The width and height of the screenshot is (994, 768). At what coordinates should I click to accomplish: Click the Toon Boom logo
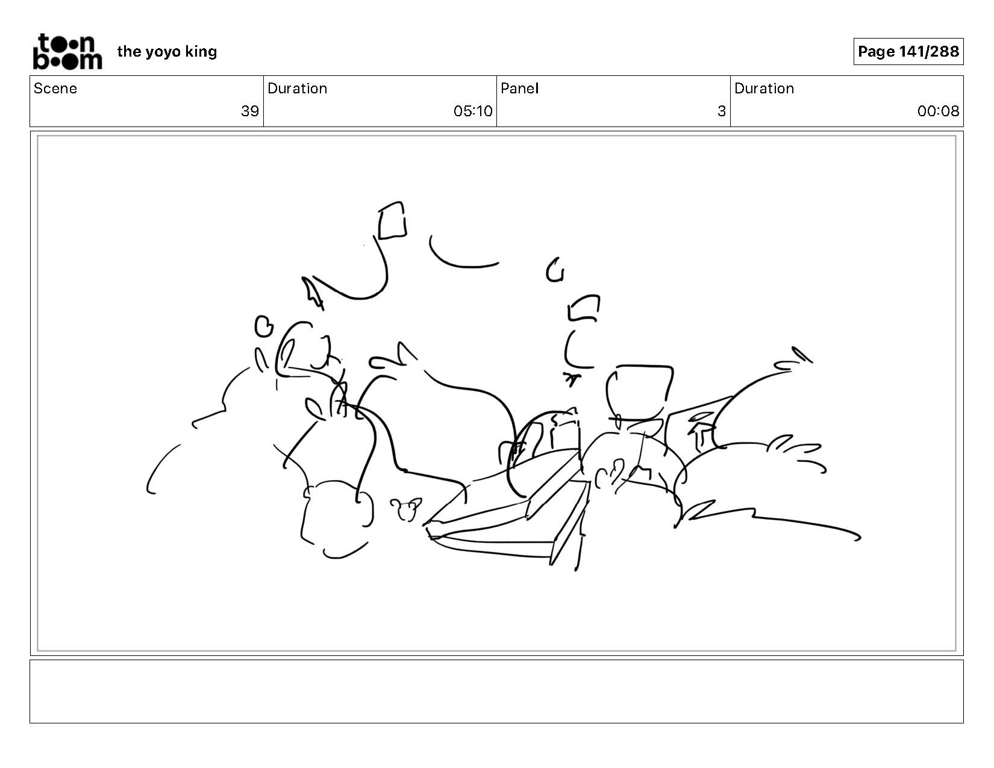[67, 51]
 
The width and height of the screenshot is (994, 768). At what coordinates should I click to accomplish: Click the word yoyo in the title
[163, 52]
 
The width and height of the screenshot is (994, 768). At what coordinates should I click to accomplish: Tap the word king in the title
[201, 52]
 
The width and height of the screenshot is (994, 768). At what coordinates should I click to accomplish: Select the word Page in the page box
[876, 52]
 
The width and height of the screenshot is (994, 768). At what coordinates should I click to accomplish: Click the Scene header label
[55, 89]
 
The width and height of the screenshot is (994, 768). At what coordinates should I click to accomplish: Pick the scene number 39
[250, 111]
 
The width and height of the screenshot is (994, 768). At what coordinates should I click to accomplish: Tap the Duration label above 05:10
[298, 89]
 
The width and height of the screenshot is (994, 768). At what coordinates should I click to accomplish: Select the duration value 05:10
[473, 111]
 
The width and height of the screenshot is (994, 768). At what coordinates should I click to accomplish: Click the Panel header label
[520, 89]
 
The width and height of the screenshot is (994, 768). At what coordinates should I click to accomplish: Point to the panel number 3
[721, 111]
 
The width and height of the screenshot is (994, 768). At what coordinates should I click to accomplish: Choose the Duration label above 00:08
[764, 89]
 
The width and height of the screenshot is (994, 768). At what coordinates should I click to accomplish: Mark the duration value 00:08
[938, 111]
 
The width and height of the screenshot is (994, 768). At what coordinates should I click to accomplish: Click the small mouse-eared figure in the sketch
[405, 509]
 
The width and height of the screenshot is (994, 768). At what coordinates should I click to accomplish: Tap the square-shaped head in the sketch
[640, 392]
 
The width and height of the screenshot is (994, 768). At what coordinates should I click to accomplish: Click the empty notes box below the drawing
[497, 691]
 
